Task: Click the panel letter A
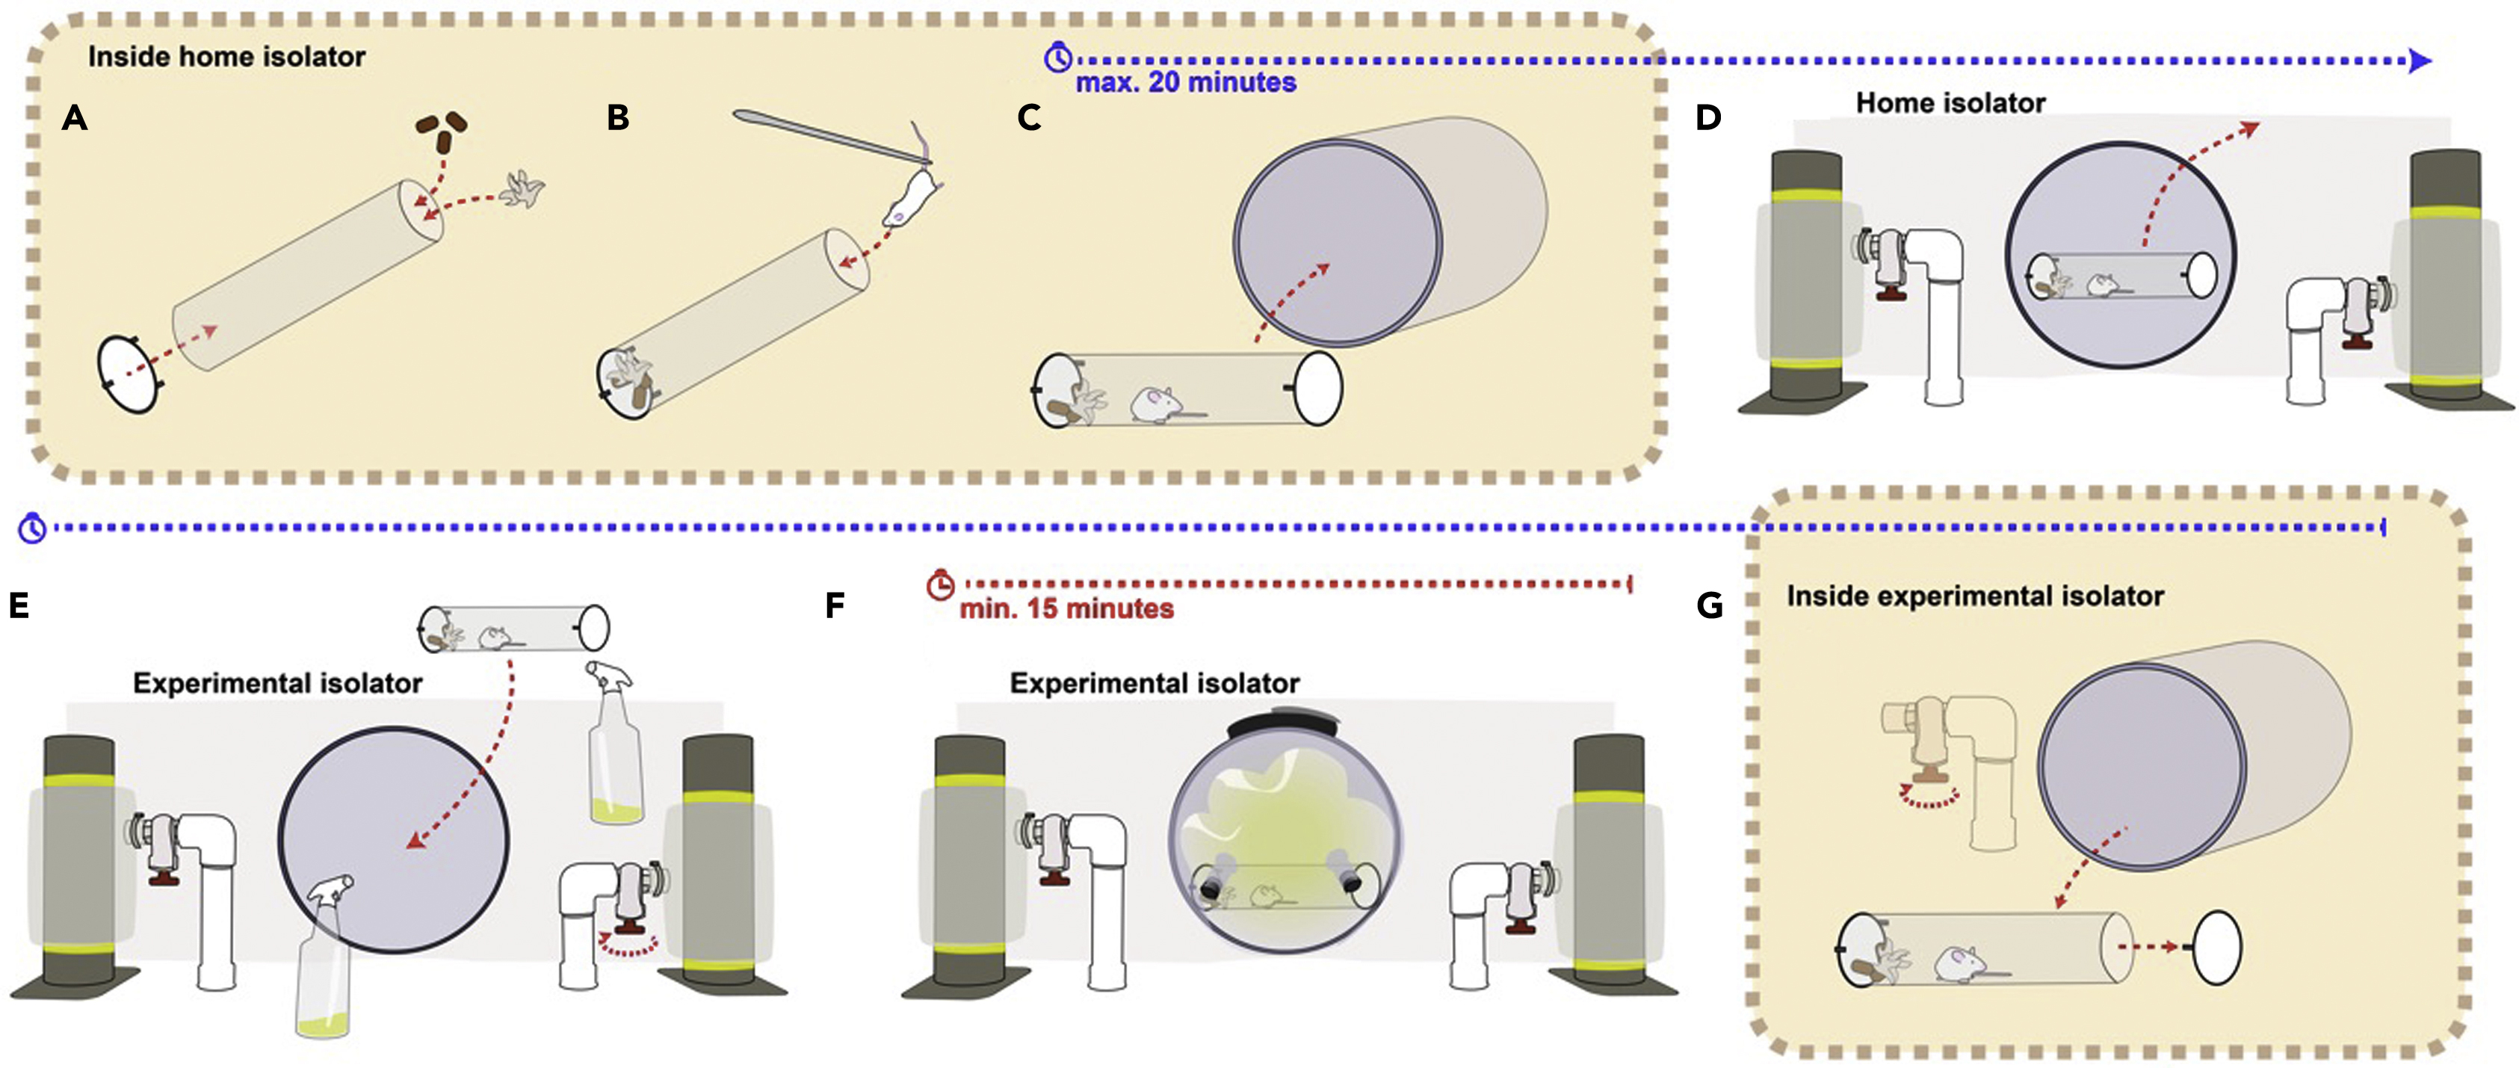[74, 118]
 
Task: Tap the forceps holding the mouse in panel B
[821, 136]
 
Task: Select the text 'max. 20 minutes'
[1185, 83]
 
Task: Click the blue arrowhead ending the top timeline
[2420, 61]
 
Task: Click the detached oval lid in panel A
[129, 374]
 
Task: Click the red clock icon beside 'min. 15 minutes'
[940, 585]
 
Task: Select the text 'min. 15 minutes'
[1066, 608]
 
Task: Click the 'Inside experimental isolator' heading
[1974, 596]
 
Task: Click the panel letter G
[1709, 605]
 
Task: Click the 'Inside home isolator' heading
[227, 57]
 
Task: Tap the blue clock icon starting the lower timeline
[32, 528]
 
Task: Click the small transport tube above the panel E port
[514, 629]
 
